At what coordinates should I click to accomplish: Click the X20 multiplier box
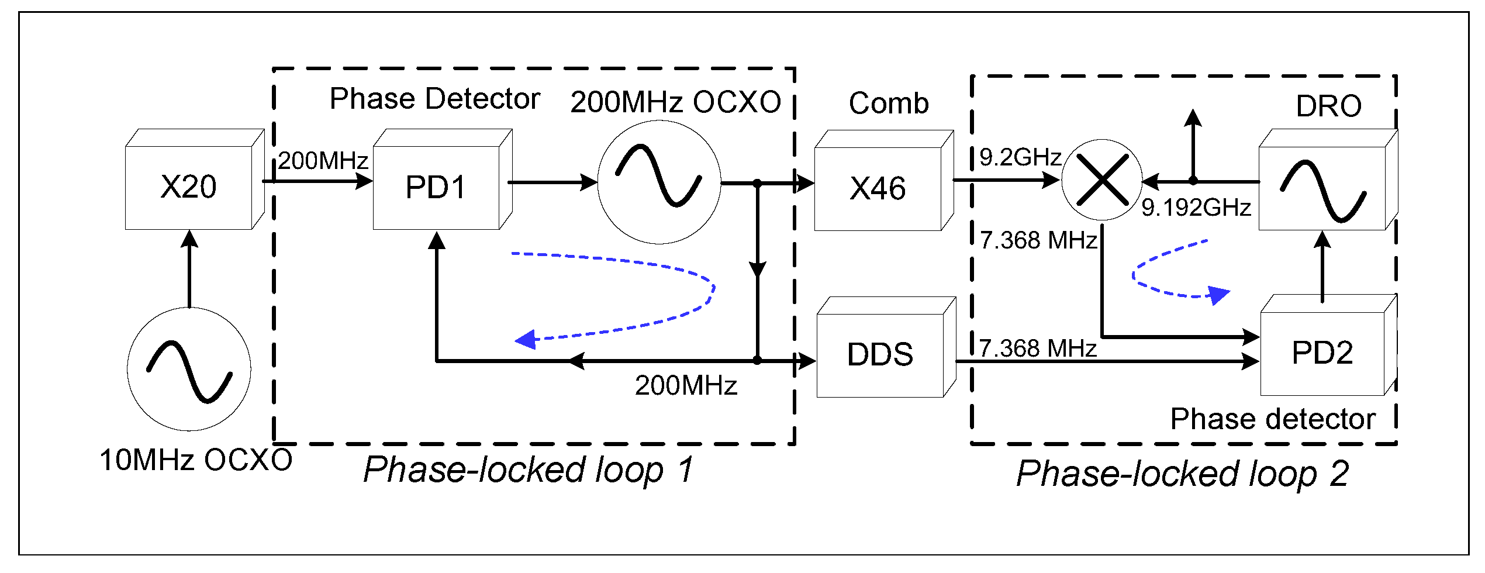coord(188,187)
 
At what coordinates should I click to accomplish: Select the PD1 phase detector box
coord(436,187)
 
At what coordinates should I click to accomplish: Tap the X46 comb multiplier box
coord(878,188)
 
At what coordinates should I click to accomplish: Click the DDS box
coord(880,354)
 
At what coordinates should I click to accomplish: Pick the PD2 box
coord(1322,353)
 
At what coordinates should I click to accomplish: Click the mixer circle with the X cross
coord(1101,180)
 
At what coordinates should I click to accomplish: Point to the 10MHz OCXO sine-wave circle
coord(189,369)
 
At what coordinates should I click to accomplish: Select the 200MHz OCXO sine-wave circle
coord(659,182)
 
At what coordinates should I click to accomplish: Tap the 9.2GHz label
coord(1020,157)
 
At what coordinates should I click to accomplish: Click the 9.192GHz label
coord(1196,208)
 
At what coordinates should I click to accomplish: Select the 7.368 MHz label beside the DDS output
coord(1038,348)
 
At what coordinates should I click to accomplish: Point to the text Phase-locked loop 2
coord(1182,473)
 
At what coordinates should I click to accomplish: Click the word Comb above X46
coord(889,103)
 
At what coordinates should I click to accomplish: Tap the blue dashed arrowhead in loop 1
coord(526,340)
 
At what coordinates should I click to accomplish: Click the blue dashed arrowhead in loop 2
coord(1219,295)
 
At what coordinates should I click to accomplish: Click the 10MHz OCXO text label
coord(196,460)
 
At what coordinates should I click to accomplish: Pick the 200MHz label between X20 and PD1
coord(323,161)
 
